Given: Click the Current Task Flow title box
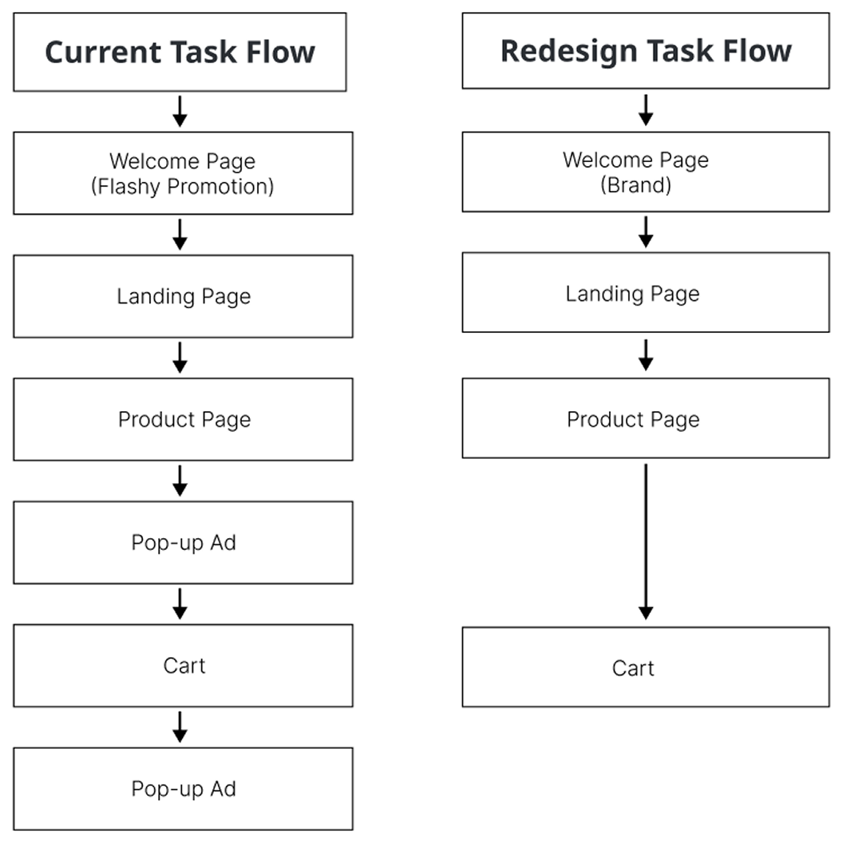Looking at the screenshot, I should point(180,52).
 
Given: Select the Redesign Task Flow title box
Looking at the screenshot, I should point(645,50).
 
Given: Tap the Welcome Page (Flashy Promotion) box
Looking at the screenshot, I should point(183,173).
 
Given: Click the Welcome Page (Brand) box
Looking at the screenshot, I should point(645,172).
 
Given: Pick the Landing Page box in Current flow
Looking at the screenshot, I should point(183,296).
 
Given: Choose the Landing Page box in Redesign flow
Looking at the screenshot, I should point(645,293).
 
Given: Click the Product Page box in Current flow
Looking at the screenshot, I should point(183,419).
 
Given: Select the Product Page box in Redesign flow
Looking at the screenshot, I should point(645,418).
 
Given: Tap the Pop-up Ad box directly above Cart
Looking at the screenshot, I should point(183,542).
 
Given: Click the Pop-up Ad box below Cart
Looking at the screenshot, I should point(183,789).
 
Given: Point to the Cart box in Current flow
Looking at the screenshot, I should point(183,665).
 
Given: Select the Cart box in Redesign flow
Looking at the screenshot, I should point(645,667).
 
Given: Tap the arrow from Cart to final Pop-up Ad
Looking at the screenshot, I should point(180,726).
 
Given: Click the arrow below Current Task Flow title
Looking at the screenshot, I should point(180,111).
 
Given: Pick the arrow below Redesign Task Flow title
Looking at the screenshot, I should point(646,109).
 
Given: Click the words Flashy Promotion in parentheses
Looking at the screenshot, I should point(183,187).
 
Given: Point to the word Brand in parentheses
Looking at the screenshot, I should point(635,184).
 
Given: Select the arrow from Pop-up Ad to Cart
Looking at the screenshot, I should point(180,604).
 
